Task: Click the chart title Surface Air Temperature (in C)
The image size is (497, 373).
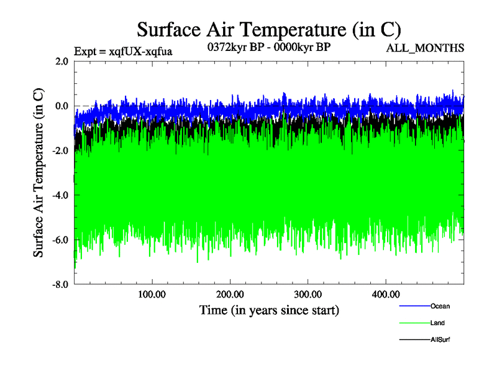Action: tap(268, 29)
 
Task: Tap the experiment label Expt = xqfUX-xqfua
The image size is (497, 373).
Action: tap(122, 51)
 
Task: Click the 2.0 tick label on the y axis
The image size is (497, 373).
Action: tap(62, 61)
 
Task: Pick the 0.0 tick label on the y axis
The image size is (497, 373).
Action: tap(62, 106)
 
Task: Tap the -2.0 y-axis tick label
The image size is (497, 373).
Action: tap(60, 150)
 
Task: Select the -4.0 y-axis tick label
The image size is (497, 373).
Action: tap(60, 195)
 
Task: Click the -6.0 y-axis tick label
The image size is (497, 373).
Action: tap(60, 240)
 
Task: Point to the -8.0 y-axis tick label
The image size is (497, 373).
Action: tap(60, 285)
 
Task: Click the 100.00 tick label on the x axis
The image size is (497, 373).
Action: tap(152, 295)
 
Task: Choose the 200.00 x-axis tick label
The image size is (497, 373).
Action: tap(230, 295)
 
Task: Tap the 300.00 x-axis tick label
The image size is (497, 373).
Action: tap(308, 295)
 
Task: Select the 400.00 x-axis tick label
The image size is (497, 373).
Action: tap(385, 295)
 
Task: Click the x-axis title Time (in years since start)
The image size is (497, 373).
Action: tap(269, 310)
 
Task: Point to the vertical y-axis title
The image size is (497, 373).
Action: tap(39, 173)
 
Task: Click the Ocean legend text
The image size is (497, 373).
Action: tap(440, 306)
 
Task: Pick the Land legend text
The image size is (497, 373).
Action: tap(437, 323)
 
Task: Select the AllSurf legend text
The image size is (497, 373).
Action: tap(440, 340)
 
